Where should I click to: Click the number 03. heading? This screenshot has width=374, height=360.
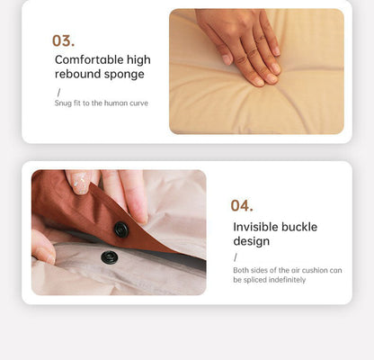tap(63, 40)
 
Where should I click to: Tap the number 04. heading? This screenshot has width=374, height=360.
tap(242, 206)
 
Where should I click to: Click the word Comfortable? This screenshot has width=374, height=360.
tap(89, 59)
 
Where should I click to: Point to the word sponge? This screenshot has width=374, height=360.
tap(125, 75)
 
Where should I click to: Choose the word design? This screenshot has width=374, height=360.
tap(252, 241)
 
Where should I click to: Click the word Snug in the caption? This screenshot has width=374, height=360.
tap(63, 103)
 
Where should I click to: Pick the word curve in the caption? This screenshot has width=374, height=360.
tap(138, 103)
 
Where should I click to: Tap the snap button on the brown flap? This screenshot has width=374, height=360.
tap(121, 229)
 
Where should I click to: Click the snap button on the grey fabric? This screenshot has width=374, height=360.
tap(109, 257)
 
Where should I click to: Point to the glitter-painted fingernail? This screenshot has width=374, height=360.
tap(80, 182)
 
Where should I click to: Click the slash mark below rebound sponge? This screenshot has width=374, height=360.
tap(58, 93)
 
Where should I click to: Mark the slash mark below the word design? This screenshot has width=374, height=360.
tap(236, 257)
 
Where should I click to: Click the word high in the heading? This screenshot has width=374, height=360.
tap(138, 60)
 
